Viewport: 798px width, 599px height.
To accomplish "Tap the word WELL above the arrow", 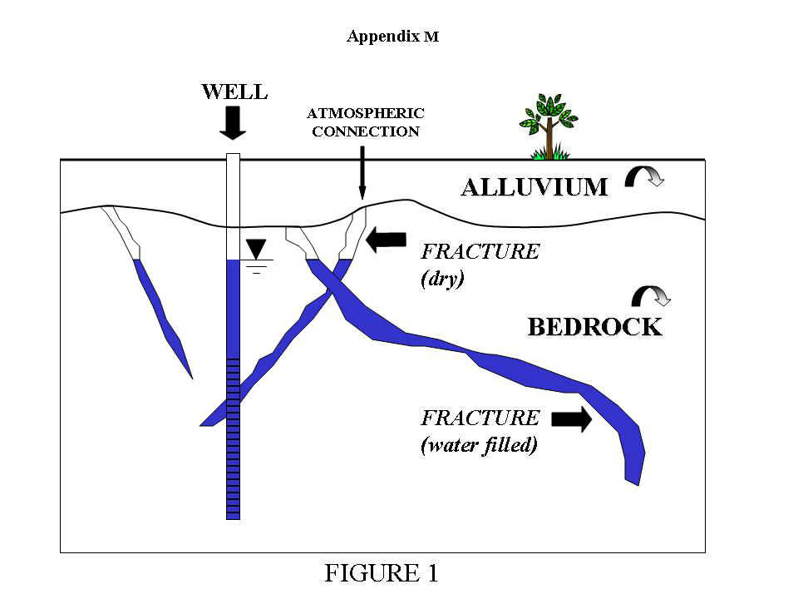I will [x=234, y=92].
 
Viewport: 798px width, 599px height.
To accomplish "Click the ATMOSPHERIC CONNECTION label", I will [x=366, y=121].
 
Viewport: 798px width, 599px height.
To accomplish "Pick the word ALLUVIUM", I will [x=534, y=187].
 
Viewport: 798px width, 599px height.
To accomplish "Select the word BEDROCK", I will [x=595, y=327].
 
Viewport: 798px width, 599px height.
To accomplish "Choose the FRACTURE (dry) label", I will [x=480, y=265].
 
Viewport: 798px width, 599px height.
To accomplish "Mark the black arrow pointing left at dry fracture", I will [x=385, y=240].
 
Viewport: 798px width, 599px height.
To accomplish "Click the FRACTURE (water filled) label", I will [x=480, y=431].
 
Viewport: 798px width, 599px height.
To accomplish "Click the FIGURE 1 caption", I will [x=381, y=573].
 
